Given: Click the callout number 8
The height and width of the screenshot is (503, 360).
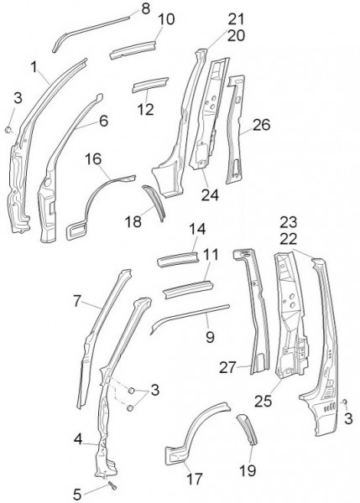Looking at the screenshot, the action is pyautogui.click(x=145, y=8).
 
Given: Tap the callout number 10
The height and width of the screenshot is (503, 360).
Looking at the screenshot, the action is pyautogui.click(x=166, y=19).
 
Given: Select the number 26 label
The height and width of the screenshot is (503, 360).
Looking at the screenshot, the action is pyautogui.click(x=262, y=125).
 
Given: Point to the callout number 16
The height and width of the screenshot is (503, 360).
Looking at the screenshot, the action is pyautogui.click(x=93, y=159).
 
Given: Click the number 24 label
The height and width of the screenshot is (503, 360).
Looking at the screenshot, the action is pyautogui.click(x=210, y=195).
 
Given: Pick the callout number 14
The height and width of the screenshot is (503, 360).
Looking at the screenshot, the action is pyautogui.click(x=197, y=230).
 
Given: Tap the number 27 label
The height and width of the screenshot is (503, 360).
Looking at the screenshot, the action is pyautogui.click(x=227, y=368).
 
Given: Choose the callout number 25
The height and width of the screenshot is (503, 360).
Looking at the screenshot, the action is pyautogui.click(x=263, y=401).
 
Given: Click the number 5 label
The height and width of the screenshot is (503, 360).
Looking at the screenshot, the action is pyautogui.click(x=77, y=495).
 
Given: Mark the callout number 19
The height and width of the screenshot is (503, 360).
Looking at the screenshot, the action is pyautogui.click(x=248, y=471).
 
